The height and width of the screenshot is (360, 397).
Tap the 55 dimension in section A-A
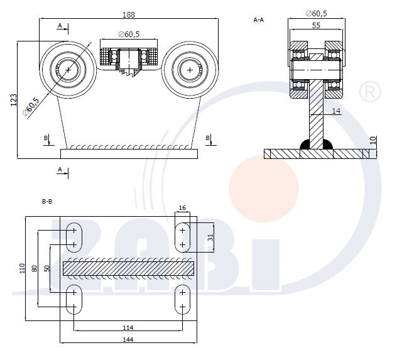pyautogui.click(x=315, y=25)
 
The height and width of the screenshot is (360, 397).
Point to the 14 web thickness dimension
pyautogui.click(x=336, y=111)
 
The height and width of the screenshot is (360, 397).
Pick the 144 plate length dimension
pyautogui.click(x=129, y=339)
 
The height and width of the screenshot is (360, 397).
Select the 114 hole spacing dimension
pyautogui.click(x=128, y=327)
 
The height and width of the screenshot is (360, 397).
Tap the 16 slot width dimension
pyautogui.click(x=182, y=207)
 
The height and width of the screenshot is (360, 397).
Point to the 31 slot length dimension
pyautogui.click(x=210, y=237)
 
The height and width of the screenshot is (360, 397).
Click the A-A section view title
pyautogui.click(x=258, y=20)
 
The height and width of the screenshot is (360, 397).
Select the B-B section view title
pyautogui.click(x=46, y=202)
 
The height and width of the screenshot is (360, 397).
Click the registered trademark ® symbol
pyautogui.click(x=369, y=93)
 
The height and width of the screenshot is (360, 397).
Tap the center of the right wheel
pyautogui.click(x=190, y=70)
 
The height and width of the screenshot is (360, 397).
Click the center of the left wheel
pyautogui.click(x=67, y=70)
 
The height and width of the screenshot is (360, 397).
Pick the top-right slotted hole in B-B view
pyautogui.click(x=182, y=237)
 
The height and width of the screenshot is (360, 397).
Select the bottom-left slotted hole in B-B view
pyautogui.click(x=74, y=300)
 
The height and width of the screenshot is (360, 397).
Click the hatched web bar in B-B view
pyautogui.click(x=128, y=268)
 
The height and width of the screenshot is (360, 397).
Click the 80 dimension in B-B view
pyautogui.click(x=35, y=268)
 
